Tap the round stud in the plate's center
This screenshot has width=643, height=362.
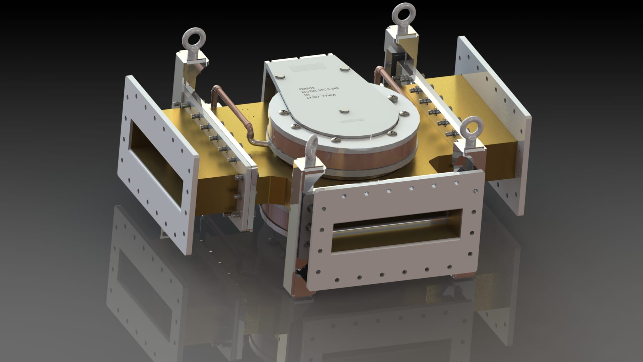tap(343, 110)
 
